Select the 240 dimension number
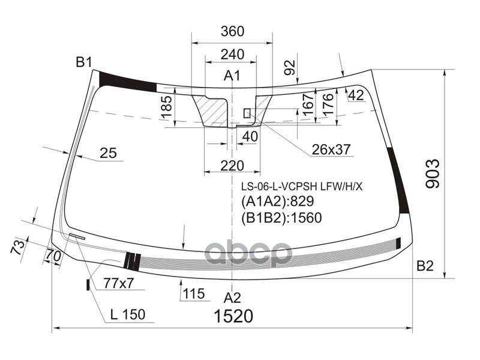pos(232,55)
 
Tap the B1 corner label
pos(83,62)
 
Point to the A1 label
pos(232,76)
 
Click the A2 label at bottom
pos(232,298)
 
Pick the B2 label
pos(425,266)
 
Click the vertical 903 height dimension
pos(433,174)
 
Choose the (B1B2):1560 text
pos(281,218)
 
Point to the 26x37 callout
pos(331,149)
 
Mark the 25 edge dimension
pos(108,154)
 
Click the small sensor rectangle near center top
pos(247,113)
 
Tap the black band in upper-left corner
pos(127,81)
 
